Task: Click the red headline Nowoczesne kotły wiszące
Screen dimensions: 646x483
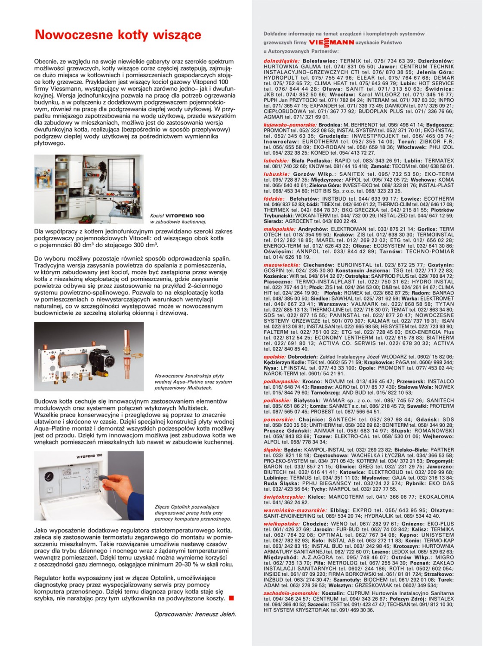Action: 118,35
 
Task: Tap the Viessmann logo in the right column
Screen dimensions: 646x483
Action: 331,43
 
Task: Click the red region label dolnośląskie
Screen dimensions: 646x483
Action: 282,61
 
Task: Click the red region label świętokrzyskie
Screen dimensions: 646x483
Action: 284,497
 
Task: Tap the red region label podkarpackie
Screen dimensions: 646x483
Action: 282,382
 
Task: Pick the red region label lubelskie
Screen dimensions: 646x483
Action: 276,161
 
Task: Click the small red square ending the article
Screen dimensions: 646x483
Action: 231,598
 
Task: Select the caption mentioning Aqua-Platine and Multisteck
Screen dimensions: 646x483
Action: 193,382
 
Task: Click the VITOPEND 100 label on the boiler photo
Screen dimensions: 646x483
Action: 89,456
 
